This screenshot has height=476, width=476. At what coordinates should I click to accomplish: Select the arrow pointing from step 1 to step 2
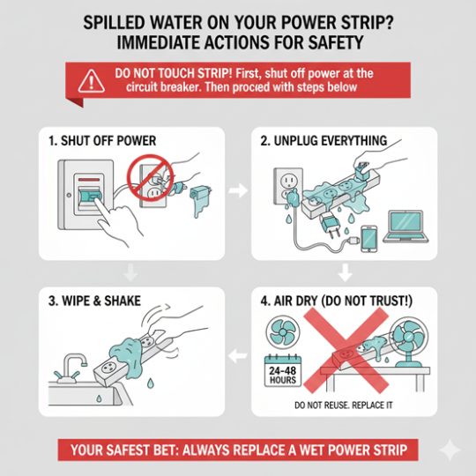tap(235, 190)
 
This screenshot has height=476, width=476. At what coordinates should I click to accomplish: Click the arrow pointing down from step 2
tap(346, 271)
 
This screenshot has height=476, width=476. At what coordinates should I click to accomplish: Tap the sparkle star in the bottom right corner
tap(450, 450)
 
